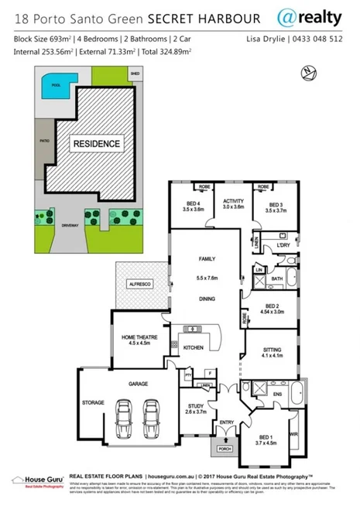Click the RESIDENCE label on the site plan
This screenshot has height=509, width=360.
[97, 144]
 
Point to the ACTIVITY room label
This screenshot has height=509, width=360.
[233, 203]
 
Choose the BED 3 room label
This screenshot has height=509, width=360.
[275, 203]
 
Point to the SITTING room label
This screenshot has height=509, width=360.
[272, 350]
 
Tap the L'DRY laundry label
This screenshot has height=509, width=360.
[282, 245]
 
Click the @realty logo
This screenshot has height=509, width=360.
[306, 16]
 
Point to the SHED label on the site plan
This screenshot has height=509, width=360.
[135, 73]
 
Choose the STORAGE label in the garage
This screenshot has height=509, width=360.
[93, 403]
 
